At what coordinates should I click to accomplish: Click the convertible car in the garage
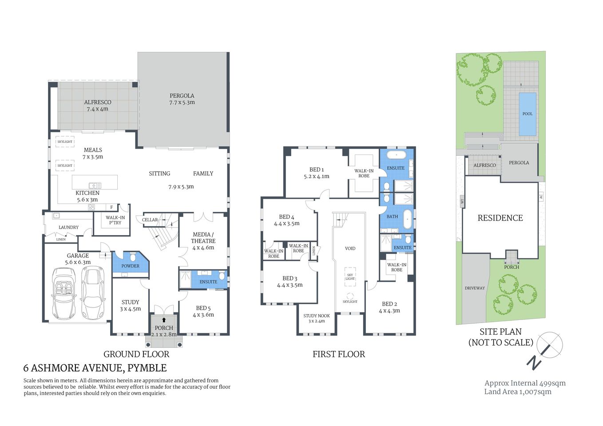coord(64,293)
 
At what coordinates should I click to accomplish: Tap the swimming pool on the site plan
coord(527,114)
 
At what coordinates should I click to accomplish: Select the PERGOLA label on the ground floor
coord(182,96)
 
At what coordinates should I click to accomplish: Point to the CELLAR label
coord(150,220)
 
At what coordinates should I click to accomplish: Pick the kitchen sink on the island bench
coord(95,185)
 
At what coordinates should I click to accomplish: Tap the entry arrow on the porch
coord(164,320)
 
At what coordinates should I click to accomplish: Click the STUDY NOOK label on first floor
coord(317,316)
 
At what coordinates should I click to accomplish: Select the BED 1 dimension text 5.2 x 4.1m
coord(317,177)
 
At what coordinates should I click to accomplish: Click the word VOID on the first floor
coord(350,248)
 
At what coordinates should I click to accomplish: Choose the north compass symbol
coord(549,346)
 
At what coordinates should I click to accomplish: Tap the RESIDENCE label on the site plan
coord(500,218)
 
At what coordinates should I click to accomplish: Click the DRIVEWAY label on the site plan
coord(475,288)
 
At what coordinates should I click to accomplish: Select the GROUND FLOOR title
coord(136,354)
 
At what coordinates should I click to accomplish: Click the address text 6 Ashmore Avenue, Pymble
coord(95,368)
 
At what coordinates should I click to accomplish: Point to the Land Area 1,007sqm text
coord(518,391)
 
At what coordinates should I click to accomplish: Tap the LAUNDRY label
coord(68,227)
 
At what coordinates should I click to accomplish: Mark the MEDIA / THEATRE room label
coord(203,238)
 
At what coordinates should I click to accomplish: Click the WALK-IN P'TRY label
coord(115,220)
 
